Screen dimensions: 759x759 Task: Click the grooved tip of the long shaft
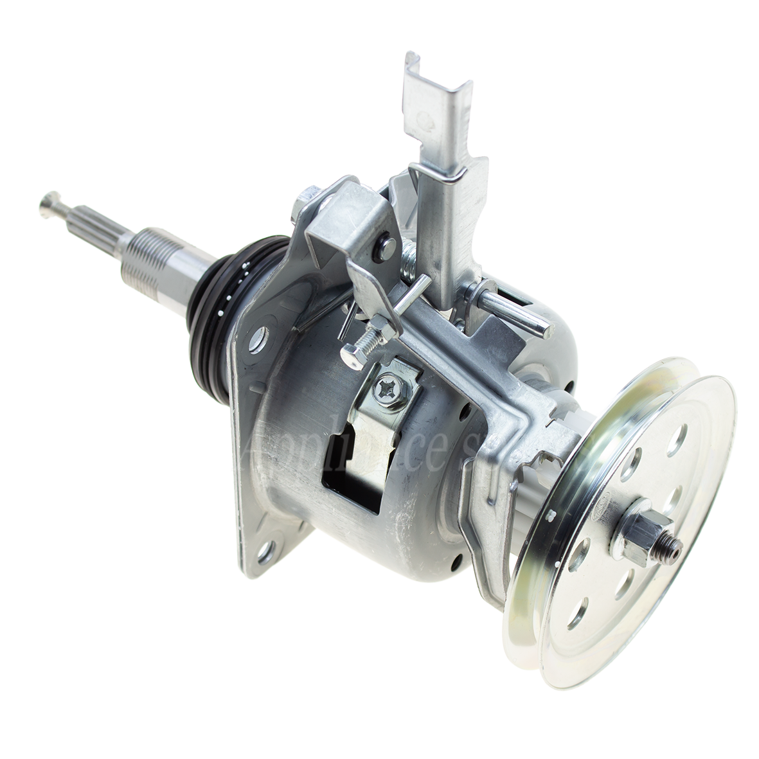51,204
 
